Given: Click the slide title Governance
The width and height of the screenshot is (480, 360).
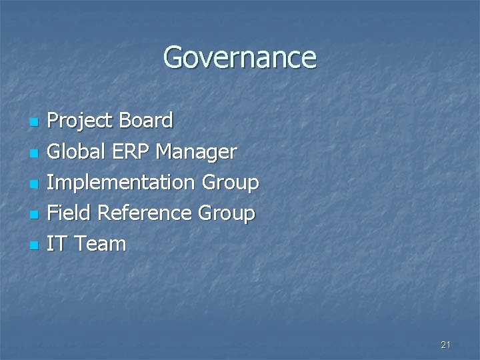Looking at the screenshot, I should click(x=240, y=57).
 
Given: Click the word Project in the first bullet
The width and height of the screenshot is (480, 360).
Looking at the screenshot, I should click(x=80, y=121).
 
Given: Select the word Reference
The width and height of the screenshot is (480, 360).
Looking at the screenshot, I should click(x=145, y=213).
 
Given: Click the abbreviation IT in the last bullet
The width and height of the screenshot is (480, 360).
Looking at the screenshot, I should click(x=57, y=244).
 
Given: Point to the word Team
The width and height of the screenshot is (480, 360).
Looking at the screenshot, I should click(x=99, y=244).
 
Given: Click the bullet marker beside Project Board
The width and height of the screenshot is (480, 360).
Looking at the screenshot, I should click(x=35, y=123).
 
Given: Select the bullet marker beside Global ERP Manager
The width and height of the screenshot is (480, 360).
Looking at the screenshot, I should click(x=35, y=153).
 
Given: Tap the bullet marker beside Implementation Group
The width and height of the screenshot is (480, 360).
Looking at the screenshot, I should click(x=35, y=184).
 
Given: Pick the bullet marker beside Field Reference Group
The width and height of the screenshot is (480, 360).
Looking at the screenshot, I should click(x=35, y=215).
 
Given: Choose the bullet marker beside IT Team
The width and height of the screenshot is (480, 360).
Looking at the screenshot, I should click(x=35, y=245).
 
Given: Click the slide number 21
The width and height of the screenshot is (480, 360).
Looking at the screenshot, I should click(x=446, y=345).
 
